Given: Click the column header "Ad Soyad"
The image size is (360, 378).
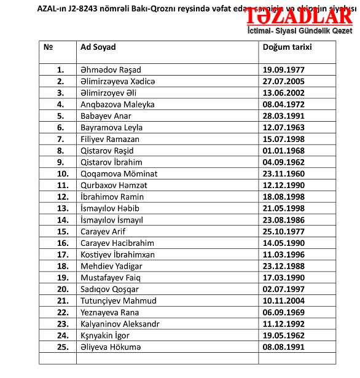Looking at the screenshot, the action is pyautogui.click(x=98, y=47).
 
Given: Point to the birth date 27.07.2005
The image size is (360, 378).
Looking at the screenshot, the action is pyautogui.click(x=284, y=82).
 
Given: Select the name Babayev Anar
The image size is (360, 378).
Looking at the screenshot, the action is pyautogui.click(x=106, y=116).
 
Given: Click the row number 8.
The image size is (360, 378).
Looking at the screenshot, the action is pyautogui.click(x=60, y=151).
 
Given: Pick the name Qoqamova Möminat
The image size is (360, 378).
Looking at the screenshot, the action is pyautogui.click(x=119, y=174).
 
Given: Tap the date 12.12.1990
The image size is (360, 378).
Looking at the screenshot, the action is pyautogui.click(x=284, y=186).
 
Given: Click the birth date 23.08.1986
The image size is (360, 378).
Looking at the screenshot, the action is pyautogui.click(x=284, y=220).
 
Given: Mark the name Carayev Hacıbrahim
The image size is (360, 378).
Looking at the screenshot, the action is pyautogui.click(x=117, y=243).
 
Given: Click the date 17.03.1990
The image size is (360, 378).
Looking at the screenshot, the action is pyautogui.click(x=284, y=278).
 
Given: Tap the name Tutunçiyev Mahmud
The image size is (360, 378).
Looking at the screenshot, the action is pyautogui.click(x=119, y=301).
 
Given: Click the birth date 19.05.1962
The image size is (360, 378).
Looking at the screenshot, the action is pyautogui.click(x=284, y=336).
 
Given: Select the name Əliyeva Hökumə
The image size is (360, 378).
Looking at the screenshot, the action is pyautogui.click(x=111, y=347).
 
